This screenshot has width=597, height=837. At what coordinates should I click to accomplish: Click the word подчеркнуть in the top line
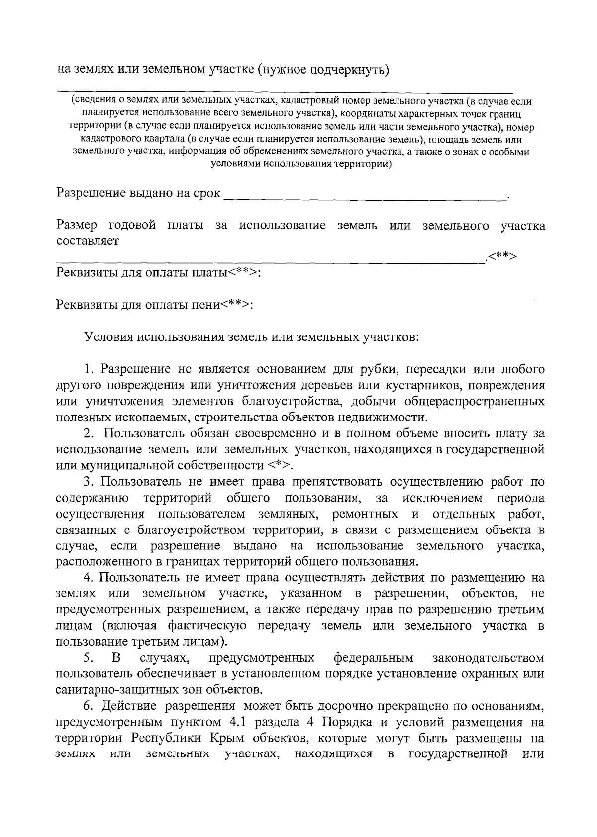click(x=349, y=68)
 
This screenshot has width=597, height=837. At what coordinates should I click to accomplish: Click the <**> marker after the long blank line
click(x=502, y=256)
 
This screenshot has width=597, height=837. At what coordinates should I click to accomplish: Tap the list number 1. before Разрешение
click(x=90, y=369)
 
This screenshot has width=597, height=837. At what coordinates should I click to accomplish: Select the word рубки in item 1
click(x=381, y=369)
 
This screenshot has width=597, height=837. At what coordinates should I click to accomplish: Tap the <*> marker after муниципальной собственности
click(x=279, y=465)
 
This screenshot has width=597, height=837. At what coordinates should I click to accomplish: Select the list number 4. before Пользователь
click(x=90, y=578)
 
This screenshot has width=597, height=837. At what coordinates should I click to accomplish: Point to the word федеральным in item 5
click(x=373, y=658)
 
